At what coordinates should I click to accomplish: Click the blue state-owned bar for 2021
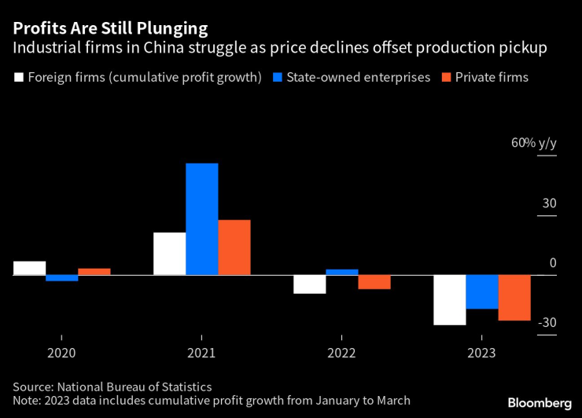coord(201,219)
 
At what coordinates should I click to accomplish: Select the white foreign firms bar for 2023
coord(450,299)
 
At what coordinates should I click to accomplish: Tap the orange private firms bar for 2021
coord(234,247)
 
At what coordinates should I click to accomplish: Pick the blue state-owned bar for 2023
coord(482,291)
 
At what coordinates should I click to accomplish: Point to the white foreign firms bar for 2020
coord(29,268)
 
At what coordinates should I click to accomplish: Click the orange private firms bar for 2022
coord(374,282)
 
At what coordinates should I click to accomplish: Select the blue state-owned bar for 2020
coord(61,278)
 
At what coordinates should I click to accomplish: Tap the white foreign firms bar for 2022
coord(309,284)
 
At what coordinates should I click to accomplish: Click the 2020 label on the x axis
coord(61,354)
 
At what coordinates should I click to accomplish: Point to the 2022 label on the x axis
coord(341,354)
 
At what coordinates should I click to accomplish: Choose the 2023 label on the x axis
coord(482,354)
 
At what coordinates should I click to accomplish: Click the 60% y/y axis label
coord(533,143)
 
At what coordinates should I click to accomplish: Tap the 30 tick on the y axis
coord(548,203)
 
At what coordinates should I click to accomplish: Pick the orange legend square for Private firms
coord(448,78)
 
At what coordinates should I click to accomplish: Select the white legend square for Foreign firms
coord(17,78)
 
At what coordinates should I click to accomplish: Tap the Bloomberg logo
coord(539,403)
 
